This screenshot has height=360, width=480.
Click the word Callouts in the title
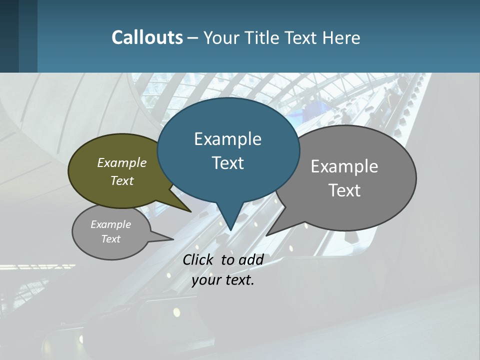point(147,37)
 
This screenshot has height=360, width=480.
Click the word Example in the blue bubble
point(227,139)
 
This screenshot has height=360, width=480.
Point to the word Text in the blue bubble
point(227,163)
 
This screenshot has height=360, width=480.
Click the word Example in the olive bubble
point(122,162)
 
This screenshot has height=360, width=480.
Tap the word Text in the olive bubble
point(122,180)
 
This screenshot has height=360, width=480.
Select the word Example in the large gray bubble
point(344,166)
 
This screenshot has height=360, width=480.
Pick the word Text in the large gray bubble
point(344,190)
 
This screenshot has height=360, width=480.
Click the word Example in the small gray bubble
point(110,224)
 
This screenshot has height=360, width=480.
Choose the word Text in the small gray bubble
point(110,239)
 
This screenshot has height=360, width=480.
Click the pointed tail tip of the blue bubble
point(230,230)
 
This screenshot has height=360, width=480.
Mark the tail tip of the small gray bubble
point(173,239)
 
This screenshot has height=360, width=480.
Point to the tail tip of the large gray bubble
point(266,235)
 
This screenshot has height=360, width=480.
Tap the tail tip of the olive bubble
point(191,211)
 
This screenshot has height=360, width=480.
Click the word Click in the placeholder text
point(199,259)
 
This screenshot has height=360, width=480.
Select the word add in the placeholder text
point(251,259)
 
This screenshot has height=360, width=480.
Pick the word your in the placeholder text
point(205,280)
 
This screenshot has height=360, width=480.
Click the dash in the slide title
point(193,38)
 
